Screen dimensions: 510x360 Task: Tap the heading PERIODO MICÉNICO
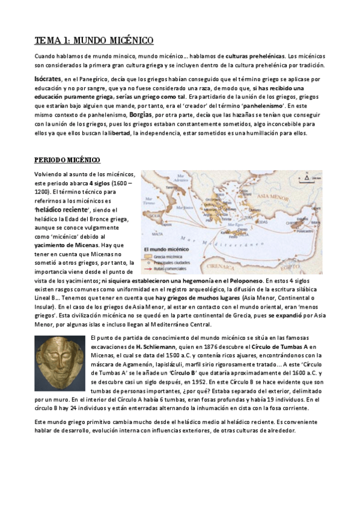pos(67,160)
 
